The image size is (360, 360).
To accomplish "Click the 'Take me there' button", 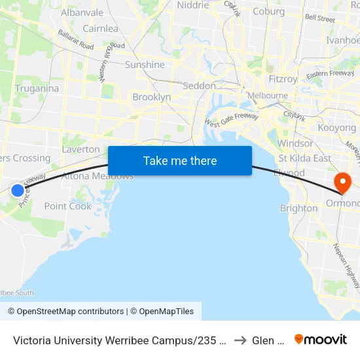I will tap(180, 160).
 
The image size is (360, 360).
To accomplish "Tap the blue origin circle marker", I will tap(18, 190).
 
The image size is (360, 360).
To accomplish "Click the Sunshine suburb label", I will tap(145, 65).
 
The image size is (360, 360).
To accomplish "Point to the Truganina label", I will tap(37, 88).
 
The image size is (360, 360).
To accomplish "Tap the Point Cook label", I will tap(68, 206).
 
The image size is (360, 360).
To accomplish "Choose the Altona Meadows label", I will tap(98, 176).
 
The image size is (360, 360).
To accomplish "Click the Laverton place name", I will tap(81, 149).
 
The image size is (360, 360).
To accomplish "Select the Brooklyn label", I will tap(152, 97).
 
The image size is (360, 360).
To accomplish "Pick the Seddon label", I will tap(200, 86).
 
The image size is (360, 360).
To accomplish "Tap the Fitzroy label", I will tap(283, 79).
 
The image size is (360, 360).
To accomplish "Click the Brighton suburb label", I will tap(298, 208).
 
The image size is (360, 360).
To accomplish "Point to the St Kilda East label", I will tap(305, 158).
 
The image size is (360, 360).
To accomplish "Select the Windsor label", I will tap(295, 143).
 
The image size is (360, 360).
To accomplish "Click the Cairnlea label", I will tap(100, 29).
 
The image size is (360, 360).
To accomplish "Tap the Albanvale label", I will tap(82, 12).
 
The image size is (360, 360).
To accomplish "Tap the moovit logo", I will tap(320, 339).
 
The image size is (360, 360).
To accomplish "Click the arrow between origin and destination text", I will tap(240, 340).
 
